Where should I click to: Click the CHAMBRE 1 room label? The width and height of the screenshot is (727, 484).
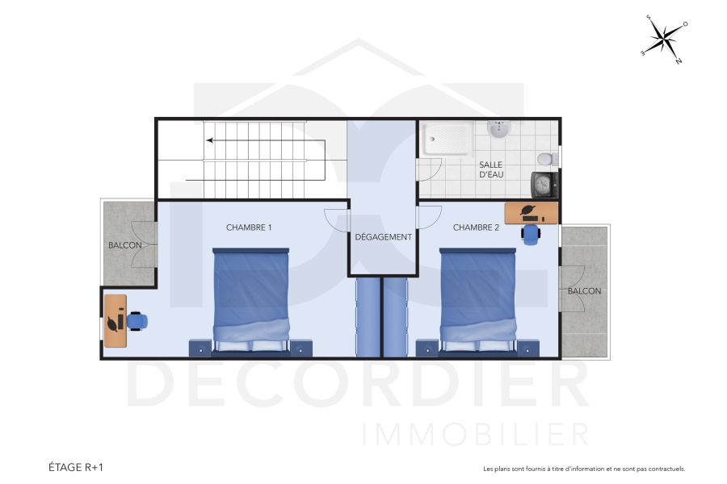(249, 227)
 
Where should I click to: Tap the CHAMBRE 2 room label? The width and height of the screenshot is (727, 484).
(476, 227)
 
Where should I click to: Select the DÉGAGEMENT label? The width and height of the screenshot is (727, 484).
(384, 237)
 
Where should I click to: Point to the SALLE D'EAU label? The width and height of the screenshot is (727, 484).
(491, 169)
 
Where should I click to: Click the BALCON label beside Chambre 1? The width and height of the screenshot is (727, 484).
(125, 245)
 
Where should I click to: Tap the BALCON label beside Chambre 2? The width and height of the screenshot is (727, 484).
(584, 290)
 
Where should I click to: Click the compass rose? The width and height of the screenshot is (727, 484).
(664, 38)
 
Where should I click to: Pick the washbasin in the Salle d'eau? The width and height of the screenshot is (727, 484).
(498, 129)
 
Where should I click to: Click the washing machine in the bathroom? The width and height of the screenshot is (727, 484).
(544, 185)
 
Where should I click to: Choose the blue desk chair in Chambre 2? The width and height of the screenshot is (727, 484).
(531, 234)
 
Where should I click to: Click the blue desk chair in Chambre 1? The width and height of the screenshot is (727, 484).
(137, 321)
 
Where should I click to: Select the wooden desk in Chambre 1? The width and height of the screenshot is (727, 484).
(115, 320)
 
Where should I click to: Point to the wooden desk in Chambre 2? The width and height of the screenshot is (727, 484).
(531, 212)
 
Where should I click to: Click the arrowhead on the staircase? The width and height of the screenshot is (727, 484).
(209, 140)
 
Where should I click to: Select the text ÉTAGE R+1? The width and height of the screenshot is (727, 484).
(76, 467)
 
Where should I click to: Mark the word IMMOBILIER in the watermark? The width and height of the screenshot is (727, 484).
(476, 434)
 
